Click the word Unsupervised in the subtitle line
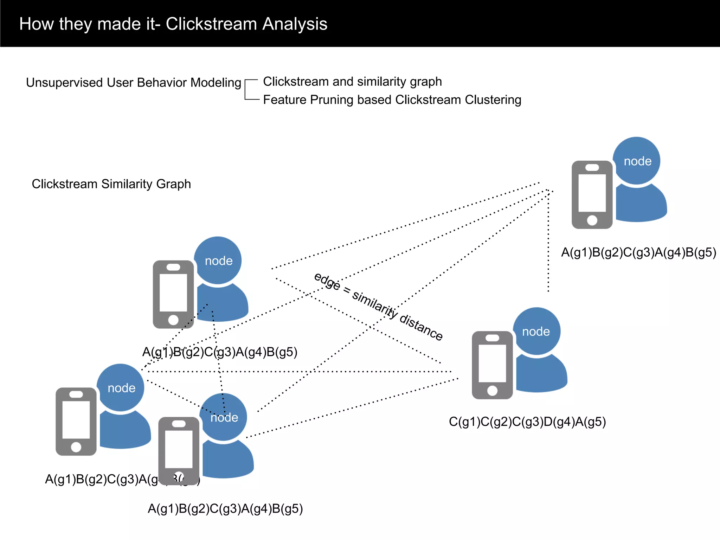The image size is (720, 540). pyautogui.click(x=64, y=83)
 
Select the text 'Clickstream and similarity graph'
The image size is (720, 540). pyautogui.click(x=352, y=82)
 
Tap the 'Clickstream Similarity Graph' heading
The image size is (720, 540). pyautogui.click(x=111, y=184)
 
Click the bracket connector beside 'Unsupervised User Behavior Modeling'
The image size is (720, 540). pyautogui.click(x=251, y=90)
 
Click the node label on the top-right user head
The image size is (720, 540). pyautogui.click(x=637, y=161)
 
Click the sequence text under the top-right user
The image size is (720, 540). pyautogui.click(x=638, y=252)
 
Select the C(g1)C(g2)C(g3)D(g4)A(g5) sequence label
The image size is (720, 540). pyautogui.click(x=527, y=422)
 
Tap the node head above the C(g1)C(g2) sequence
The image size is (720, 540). pyautogui.click(x=536, y=331)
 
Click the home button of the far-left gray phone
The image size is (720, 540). pyautogui.click(x=76, y=447)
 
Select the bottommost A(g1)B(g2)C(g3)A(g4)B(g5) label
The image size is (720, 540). pyautogui.click(x=225, y=509)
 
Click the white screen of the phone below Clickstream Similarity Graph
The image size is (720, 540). pyautogui.click(x=173, y=292)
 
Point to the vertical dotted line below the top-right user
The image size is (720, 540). pyautogui.click(x=548, y=246)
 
